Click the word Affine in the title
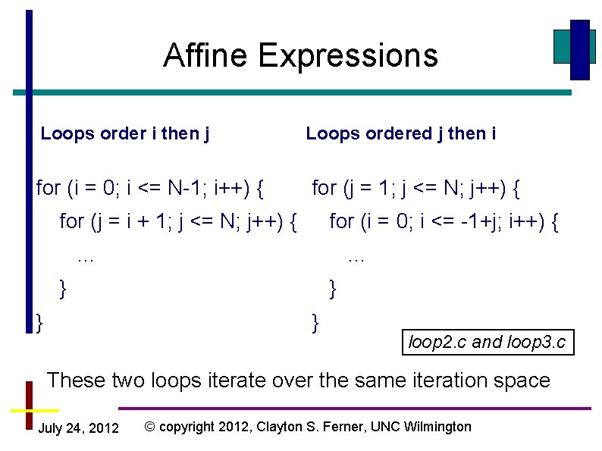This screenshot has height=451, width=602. tap(205, 55)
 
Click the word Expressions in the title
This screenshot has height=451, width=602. tap(347, 55)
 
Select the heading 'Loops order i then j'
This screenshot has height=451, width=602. tap(125, 134)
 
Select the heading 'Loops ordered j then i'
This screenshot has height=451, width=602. tap(401, 134)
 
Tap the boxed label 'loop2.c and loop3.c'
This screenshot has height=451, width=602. tap(487, 342)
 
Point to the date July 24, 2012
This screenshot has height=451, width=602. tap(78, 428)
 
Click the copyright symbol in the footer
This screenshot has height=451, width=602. tap(150, 427)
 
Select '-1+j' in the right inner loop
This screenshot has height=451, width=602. tap(477, 221)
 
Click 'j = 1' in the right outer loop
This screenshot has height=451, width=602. tap(367, 186)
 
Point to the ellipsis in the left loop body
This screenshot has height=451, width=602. tap(86, 258)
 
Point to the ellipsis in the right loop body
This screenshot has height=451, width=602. tap(356, 258)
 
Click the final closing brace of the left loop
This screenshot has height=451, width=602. tap(39, 321)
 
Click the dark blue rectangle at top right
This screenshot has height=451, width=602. tap(580, 49)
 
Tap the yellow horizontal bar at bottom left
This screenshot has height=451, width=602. tap(29, 409)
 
